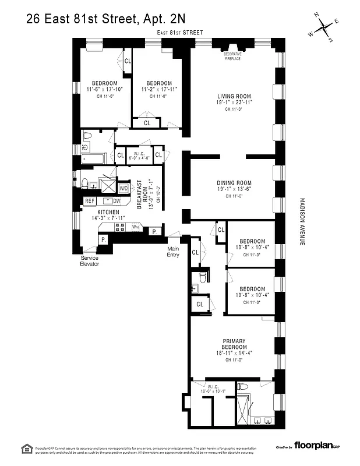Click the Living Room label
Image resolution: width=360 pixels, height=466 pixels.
point(234,97)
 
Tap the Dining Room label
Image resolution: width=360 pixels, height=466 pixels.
point(234,183)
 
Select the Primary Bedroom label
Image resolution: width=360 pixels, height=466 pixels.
point(234,344)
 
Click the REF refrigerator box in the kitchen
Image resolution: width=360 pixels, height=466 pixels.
point(90,200)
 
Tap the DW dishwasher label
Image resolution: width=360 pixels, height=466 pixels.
point(117,201)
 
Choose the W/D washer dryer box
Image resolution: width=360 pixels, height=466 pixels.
point(123,189)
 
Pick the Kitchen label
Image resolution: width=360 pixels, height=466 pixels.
point(108,212)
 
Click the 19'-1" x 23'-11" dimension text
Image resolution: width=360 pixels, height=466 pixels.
point(234,103)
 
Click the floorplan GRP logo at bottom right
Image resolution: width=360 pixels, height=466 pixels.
point(317,447)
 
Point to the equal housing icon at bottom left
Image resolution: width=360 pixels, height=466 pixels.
point(26,447)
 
